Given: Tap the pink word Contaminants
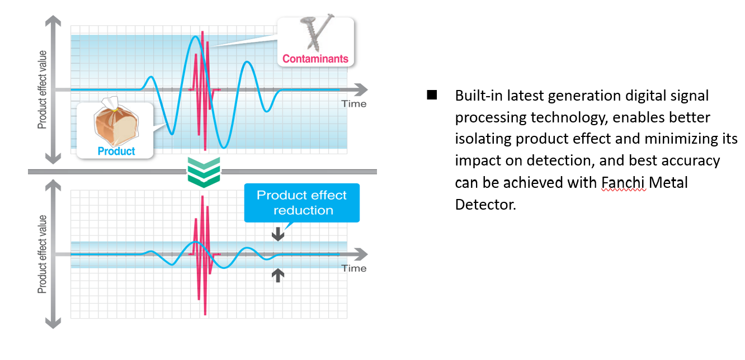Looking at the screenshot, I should point(315,59).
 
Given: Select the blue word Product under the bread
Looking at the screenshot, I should point(116,151).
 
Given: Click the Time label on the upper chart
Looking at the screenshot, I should point(354,103).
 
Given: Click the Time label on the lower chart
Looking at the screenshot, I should point(354,268).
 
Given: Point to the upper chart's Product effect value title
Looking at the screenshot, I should point(42,89).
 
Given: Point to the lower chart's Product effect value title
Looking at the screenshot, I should point(42,254).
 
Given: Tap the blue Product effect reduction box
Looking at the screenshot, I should point(302,203).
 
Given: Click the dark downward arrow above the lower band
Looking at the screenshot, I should point(278,234).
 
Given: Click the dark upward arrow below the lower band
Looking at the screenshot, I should point(278,274).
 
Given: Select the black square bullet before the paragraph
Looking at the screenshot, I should point(432,95).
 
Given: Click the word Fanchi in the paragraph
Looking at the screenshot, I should point(624,183).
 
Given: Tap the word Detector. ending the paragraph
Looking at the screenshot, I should point(485,205).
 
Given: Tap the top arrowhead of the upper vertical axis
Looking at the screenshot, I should point(53,21).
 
